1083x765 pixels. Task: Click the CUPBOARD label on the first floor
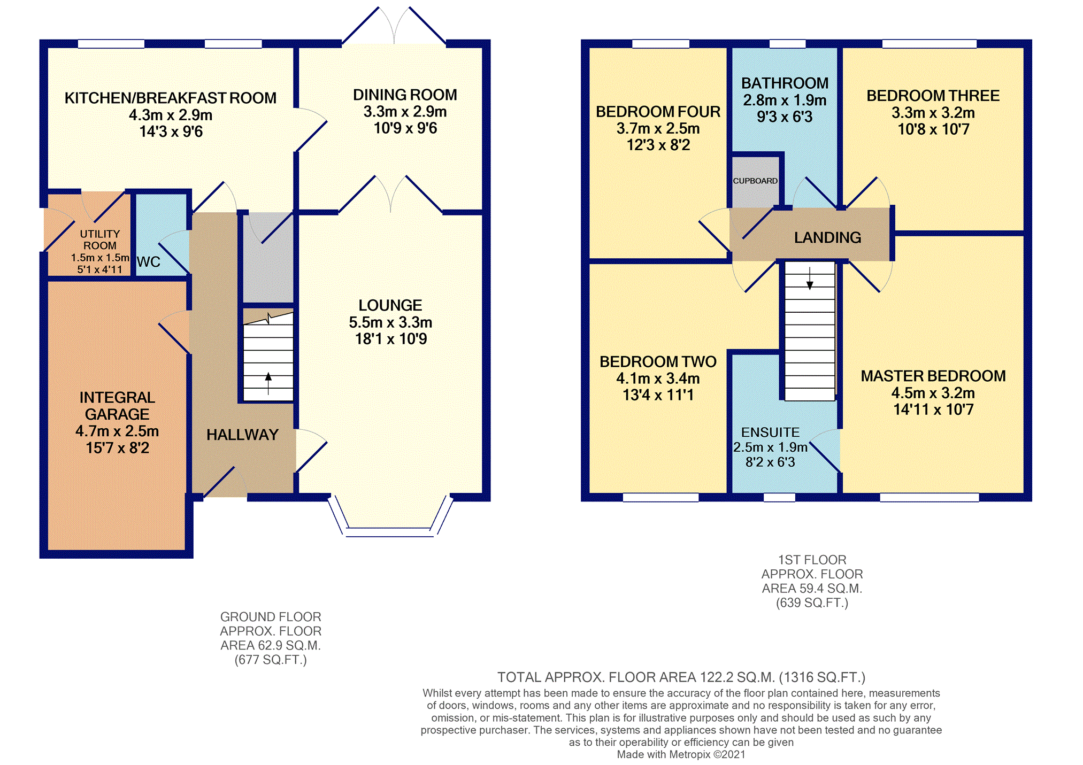point(755,181)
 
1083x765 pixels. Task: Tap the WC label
point(149,262)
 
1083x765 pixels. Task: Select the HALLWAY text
point(243,435)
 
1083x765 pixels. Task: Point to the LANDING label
point(827,237)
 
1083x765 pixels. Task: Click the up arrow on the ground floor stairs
point(268,384)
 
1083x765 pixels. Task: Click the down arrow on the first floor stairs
point(810,278)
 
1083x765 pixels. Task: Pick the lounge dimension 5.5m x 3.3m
point(390,322)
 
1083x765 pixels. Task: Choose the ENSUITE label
point(770,432)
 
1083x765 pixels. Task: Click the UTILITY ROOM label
point(100,239)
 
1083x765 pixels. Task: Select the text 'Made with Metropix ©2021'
point(681,754)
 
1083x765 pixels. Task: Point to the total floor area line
point(681,677)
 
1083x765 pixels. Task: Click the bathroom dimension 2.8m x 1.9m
point(785,100)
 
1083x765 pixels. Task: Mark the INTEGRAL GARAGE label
point(117,406)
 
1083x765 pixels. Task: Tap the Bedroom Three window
point(930,44)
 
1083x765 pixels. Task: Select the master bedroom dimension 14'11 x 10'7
point(933,409)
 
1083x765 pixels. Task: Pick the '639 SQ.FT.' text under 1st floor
point(812,603)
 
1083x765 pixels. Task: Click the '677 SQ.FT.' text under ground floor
point(271,660)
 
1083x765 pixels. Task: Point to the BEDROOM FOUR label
point(658,112)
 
